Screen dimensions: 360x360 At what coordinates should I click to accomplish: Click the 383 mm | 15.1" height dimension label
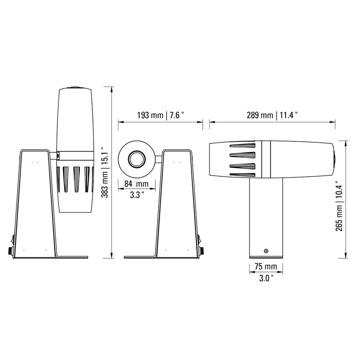104,173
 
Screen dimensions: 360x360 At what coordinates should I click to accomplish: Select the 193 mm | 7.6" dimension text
161,115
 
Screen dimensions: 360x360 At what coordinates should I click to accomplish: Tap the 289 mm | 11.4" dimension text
272,115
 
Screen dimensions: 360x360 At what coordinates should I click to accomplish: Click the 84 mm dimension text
136,184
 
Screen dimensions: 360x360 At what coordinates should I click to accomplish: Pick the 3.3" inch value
137,195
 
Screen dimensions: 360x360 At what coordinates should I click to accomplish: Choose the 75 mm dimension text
266,267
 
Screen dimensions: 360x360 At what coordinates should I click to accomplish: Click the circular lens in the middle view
137,159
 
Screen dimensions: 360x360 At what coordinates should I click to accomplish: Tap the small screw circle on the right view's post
266,251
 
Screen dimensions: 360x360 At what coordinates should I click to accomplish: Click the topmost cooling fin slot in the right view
242,146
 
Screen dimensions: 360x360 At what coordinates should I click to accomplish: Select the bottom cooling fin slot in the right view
242,175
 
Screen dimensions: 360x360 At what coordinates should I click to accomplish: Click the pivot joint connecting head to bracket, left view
57,155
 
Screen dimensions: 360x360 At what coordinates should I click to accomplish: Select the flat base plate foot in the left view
72,257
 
